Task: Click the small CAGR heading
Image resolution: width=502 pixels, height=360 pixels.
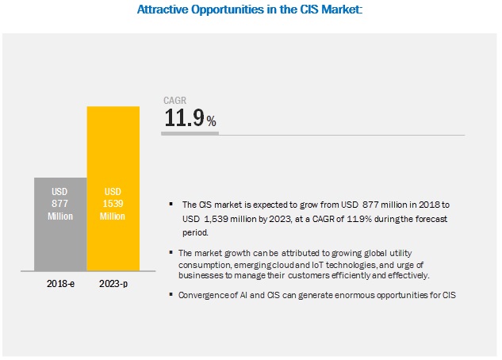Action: [x=175, y=100]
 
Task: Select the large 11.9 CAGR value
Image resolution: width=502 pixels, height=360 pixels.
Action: [x=183, y=119]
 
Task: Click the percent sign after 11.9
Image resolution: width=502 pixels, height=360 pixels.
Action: [x=211, y=121]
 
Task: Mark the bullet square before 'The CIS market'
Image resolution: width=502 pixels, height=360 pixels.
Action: [x=171, y=202]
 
